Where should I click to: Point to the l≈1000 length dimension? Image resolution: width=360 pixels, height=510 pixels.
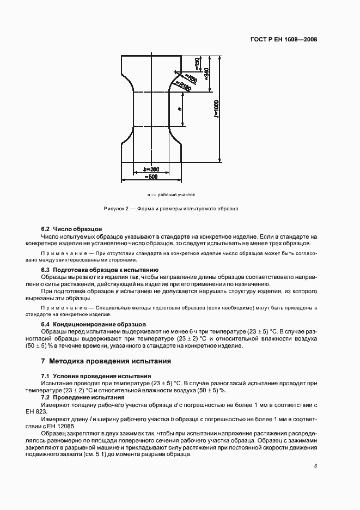(x=216, y=108)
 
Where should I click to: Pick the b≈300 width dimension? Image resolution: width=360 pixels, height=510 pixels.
(x=144, y=169)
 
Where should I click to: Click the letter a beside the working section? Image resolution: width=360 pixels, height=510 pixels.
(x=180, y=109)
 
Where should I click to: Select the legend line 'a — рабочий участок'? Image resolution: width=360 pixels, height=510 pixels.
(x=171, y=195)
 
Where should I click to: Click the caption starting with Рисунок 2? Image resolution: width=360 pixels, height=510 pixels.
(x=170, y=209)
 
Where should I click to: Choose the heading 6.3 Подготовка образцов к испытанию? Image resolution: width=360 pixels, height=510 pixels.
(x=100, y=270)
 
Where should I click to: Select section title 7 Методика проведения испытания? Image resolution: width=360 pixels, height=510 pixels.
(x=106, y=361)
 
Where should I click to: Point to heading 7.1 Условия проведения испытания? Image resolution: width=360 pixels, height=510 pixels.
(x=96, y=377)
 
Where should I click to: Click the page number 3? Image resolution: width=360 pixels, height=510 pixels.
(x=315, y=465)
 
